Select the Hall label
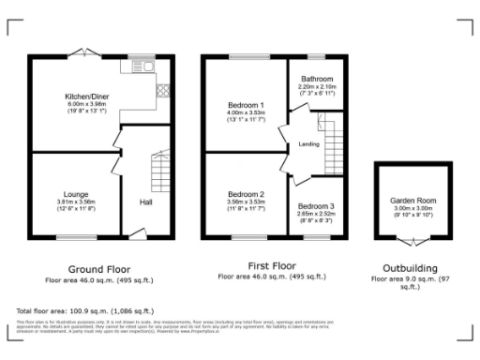146,202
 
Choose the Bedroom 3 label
315,205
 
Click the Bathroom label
316,79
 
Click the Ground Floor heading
98,266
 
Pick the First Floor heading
271,265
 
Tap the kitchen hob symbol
162,91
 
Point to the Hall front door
138,233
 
